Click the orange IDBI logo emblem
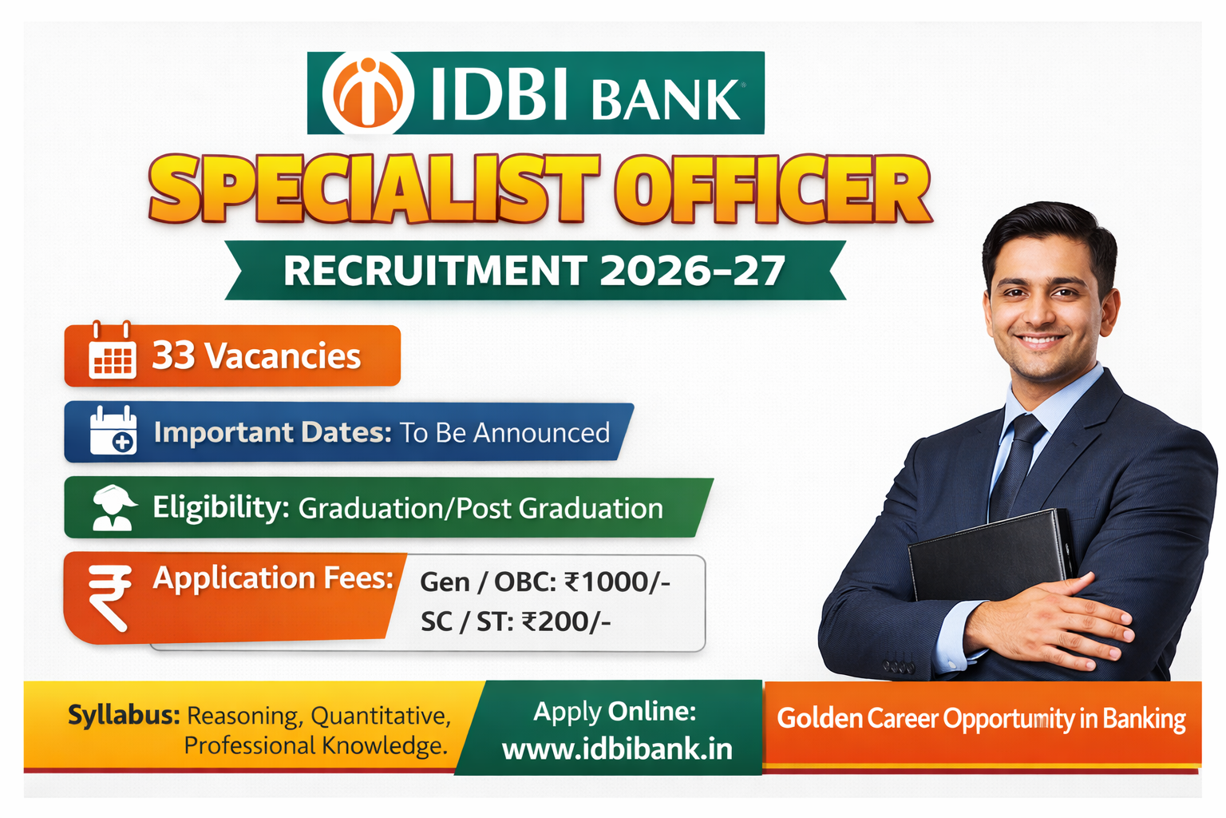(368, 93)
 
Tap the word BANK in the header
(665, 99)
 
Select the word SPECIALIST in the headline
(373, 189)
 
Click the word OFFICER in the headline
(772, 189)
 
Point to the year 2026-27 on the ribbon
(692, 271)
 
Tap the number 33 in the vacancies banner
(173, 355)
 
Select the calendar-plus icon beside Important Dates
(113, 431)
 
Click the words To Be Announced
(504, 433)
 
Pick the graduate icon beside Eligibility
(113, 507)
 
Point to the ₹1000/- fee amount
(617, 582)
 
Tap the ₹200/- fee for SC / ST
(566, 621)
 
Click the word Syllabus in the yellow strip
(124, 714)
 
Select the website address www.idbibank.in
(617, 749)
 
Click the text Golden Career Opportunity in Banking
(981, 718)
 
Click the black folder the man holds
(990, 559)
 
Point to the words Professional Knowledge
(315, 745)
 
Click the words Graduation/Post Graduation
(481, 508)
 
